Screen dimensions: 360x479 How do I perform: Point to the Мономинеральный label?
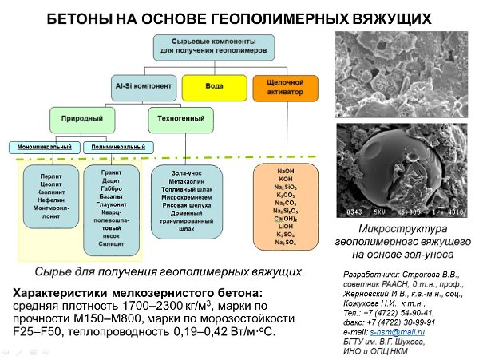[43, 147]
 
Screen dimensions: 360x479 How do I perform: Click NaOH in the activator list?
[285, 172]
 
